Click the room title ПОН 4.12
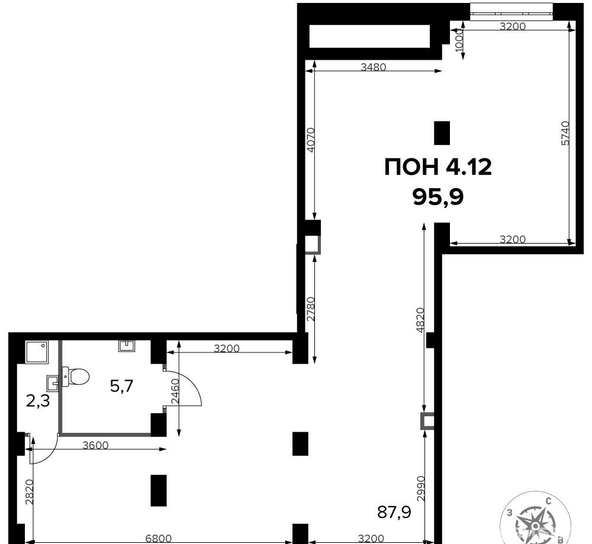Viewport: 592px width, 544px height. [x=438, y=167]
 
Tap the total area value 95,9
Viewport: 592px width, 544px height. [x=438, y=196]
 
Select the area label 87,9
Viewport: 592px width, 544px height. [x=394, y=512]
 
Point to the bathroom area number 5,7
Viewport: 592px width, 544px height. [x=121, y=386]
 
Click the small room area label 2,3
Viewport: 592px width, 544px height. [x=38, y=401]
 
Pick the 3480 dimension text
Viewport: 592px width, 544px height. [x=373, y=67]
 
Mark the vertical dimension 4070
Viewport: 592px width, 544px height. [x=310, y=140]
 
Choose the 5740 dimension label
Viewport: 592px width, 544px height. [x=565, y=133]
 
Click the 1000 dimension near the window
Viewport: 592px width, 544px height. [x=459, y=40]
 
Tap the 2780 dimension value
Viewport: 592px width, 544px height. [x=310, y=309]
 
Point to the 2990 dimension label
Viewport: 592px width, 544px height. [x=421, y=488]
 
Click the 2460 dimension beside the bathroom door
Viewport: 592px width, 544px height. [x=175, y=391]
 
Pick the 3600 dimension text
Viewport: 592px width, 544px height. [x=95, y=445]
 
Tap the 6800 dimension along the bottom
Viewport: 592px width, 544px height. [x=159, y=539]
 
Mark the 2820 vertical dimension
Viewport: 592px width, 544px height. [x=30, y=491]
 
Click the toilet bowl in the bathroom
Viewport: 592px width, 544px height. [x=76, y=376]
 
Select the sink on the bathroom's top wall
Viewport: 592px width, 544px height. [x=127, y=346]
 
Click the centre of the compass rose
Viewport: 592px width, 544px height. [x=535, y=526]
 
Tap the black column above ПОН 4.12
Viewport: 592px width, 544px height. [x=442, y=133]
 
